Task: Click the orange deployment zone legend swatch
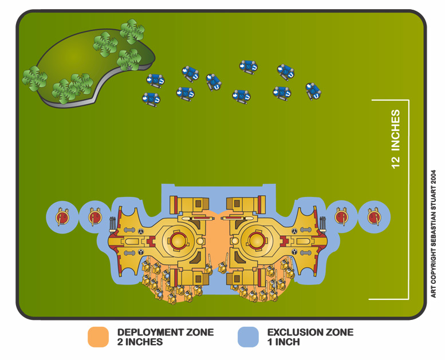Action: pos(98,337)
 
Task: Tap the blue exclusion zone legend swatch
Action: pos(248,337)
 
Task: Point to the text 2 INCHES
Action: pos(140,342)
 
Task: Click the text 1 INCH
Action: pos(283,342)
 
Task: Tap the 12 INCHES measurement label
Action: pos(395,139)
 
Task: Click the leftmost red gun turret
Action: pos(62,217)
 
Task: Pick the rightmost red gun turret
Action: pos(375,217)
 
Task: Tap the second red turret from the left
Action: pos(95,217)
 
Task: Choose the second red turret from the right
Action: pos(342,217)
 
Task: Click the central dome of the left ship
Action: pos(178,240)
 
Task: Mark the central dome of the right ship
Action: pos(257,240)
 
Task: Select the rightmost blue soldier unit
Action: pos(313,91)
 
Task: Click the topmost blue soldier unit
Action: pos(249,67)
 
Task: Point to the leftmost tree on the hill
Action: pos(34,78)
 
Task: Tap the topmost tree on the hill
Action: pos(132,31)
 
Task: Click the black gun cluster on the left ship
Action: pos(112,223)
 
